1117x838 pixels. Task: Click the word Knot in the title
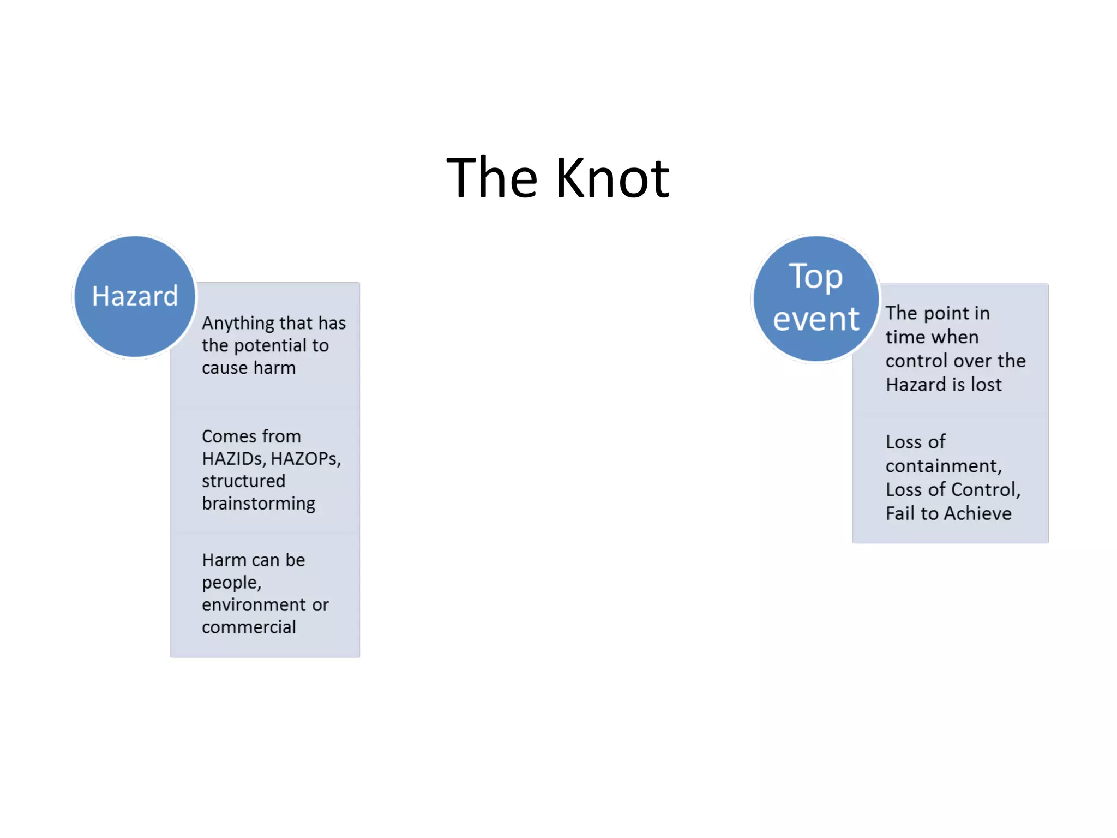(x=612, y=178)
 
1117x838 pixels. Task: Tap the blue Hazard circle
(x=135, y=296)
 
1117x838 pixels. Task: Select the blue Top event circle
(x=816, y=298)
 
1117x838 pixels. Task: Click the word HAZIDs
(x=233, y=459)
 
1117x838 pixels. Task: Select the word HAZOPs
(x=305, y=459)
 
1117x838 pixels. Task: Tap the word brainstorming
(x=259, y=504)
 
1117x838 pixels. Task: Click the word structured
(x=243, y=481)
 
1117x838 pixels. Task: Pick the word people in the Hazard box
(x=231, y=583)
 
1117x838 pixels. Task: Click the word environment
(x=254, y=605)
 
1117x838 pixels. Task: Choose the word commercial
(x=249, y=627)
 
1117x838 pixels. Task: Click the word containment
(x=944, y=466)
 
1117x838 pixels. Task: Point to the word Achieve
(x=978, y=514)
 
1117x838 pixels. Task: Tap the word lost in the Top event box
(x=986, y=385)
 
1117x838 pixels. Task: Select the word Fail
(x=900, y=514)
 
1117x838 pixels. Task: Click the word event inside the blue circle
(x=816, y=319)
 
